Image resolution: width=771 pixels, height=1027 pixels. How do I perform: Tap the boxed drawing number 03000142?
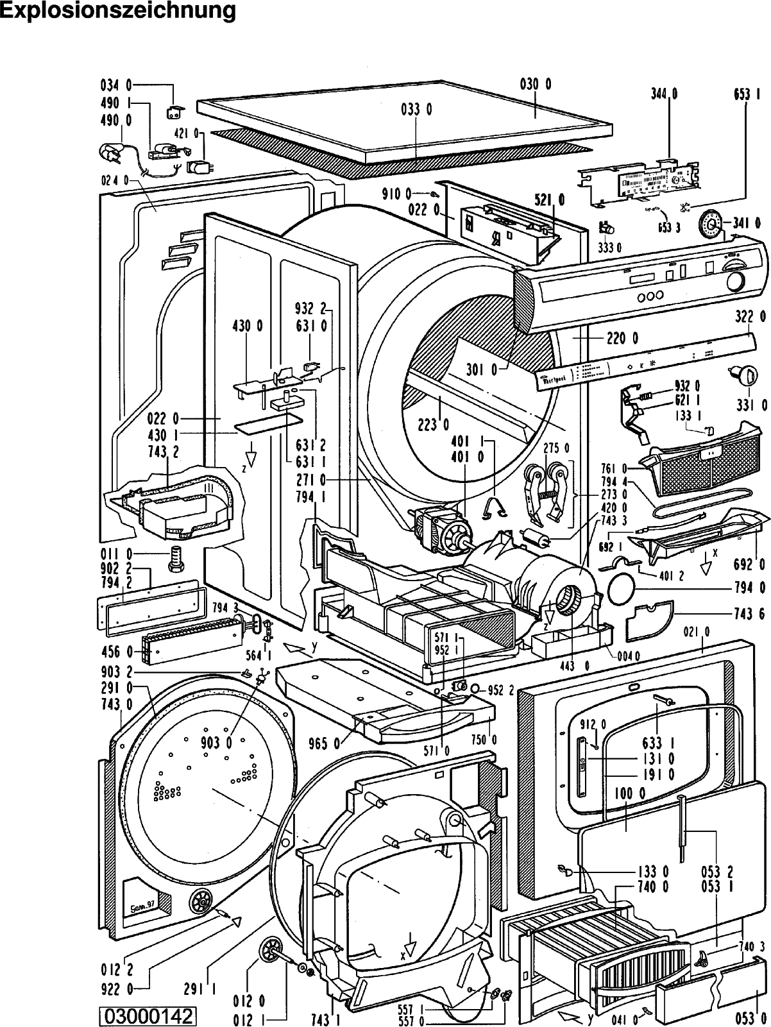(x=147, y=1015)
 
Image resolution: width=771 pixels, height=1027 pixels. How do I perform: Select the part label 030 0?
(x=535, y=83)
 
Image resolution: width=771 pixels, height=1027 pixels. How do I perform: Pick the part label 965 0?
(x=326, y=744)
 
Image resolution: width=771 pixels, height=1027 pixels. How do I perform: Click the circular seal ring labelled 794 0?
(x=620, y=587)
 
